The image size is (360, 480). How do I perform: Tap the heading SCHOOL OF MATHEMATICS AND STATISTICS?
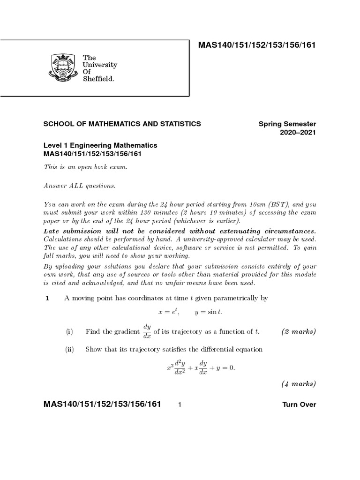click(x=122, y=124)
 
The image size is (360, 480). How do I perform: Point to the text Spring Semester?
click(x=287, y=124)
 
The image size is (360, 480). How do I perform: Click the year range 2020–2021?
click(x=298, y=133)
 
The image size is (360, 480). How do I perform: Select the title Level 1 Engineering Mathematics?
click(x=100, y=145)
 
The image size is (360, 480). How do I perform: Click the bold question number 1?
click(x=47, y=298)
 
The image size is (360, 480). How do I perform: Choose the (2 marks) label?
click(x=299, y=332)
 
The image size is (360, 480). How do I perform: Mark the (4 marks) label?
click(x=299, y=384)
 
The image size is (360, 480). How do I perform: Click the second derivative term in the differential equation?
click(x=176, y=367)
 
